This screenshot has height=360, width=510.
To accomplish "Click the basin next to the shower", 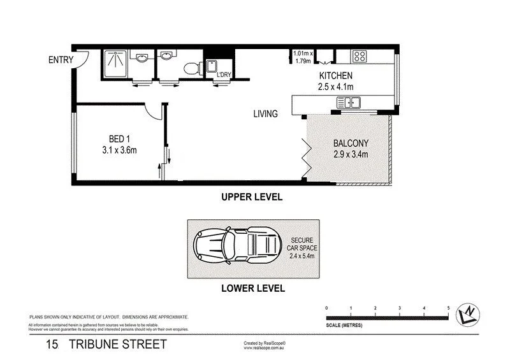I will [x=142, y=59].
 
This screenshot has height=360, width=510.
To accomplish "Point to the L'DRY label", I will [x=223, y=75].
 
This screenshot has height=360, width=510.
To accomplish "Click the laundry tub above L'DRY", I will [x=211, y=66].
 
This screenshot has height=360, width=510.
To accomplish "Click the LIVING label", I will [x=265, y=115].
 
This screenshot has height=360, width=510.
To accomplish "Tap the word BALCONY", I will [x=351, y=143].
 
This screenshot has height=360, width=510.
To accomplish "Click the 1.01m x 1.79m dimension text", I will [x=303, y=58].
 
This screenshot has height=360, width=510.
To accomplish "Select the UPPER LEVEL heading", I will [x=252, y=198].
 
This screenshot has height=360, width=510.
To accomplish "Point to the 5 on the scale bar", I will [x=448, y=308].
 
